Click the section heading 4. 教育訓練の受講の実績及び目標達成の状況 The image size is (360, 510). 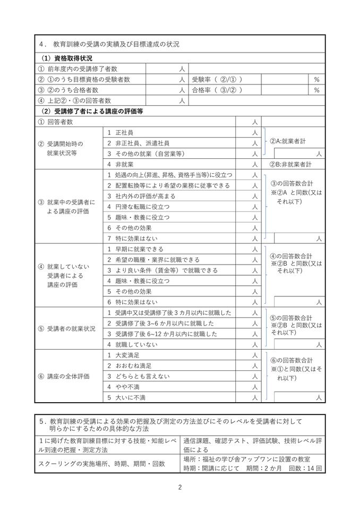coord(109,45)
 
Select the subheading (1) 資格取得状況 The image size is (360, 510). coord(67,58)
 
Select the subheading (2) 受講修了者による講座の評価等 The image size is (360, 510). coord(92,111)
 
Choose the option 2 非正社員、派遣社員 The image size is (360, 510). coord(139,143)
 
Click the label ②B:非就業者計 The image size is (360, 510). coord(290,164)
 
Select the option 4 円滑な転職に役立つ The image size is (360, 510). coord(139,207)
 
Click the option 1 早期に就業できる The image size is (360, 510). coord(136,249)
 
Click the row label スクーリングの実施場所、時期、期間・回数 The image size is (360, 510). coord(102,463)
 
